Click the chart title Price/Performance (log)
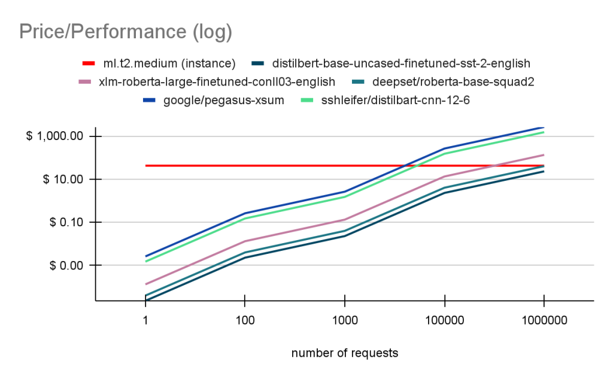126,31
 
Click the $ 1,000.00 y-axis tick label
55,137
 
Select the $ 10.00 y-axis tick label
62,180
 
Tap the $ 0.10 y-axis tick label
65,222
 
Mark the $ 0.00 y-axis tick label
65,265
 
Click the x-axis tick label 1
145,320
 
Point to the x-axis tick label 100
244,320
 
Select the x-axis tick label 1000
344,320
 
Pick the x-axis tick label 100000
444,320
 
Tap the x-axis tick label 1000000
543,320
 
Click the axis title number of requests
344,353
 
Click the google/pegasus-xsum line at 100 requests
244,213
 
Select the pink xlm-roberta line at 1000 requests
344,219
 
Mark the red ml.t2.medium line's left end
145,165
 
